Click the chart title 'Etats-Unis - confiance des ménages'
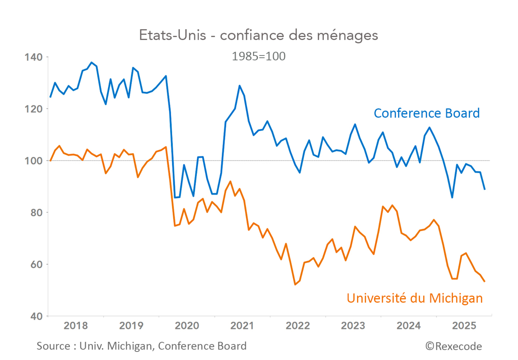pos(258,35)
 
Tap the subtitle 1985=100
pos(258,56)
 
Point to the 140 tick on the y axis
pos(34,57)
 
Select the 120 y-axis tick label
pos(34,109)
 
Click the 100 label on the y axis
pos(34,161)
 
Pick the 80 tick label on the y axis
pos(36,212)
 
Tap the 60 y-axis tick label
pos(36,264)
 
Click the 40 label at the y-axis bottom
pos(36,316)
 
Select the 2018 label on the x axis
pos(76,326)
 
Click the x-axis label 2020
pos(187,326)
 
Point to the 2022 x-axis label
pos(298,326)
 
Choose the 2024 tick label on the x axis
pos(408,326)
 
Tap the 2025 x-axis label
pos(464,326)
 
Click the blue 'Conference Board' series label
pos(426,113)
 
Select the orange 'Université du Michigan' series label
pos(414,298)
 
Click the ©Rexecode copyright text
pos(454,346)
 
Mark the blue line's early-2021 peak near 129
pos(240,86)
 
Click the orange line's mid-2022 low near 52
pos(295,284)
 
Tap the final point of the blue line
pos(484,189)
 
